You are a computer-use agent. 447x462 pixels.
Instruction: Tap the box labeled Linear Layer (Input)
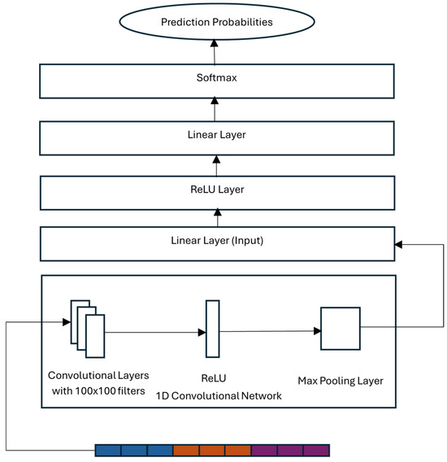pos(216,242)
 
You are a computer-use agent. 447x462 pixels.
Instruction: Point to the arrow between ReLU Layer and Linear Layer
pos(216,163)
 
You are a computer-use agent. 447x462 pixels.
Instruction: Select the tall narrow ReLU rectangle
pos(212,329)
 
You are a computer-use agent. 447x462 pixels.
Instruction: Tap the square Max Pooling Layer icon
pos(340,328)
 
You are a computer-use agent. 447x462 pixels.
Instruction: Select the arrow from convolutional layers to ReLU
pos(154,332)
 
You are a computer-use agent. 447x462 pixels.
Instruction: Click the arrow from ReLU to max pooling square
pos(268,331)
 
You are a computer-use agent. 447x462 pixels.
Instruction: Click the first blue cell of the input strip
pos(108,450)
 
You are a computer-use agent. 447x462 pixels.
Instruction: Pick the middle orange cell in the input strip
pos(212,450)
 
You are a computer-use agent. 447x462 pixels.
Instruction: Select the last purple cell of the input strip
pos(316,450)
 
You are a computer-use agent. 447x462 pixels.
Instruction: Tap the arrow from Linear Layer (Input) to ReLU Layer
pos(216,216)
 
